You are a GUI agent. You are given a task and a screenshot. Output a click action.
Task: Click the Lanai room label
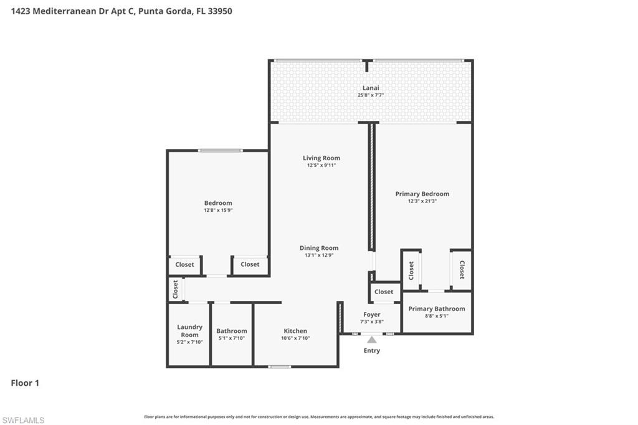click(x=371, y=88)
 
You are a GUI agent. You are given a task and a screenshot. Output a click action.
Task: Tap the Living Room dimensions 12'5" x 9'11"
click(x=321, y=165)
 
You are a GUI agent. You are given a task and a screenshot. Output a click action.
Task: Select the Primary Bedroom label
click(x=422, y=194)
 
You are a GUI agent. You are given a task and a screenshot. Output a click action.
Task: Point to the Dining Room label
click(x=319, y=248)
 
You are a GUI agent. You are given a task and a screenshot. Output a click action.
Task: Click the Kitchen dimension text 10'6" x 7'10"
click(x=295, y=338)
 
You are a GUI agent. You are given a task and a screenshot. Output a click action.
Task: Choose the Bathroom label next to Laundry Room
click(x=232, y=331)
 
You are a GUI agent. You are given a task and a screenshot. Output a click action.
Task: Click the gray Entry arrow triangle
click(x=372, y=340)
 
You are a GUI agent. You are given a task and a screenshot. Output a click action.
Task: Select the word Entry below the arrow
click(x=372, y=350)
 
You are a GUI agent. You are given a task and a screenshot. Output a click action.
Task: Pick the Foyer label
click(x=371, y=315)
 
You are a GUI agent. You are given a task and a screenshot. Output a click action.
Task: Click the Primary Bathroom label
click(x=436, y=309)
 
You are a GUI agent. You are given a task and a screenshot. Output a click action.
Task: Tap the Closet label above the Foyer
click(x=384, y=292)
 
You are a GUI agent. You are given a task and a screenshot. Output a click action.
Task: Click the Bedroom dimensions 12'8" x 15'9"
click(x=218, y=211)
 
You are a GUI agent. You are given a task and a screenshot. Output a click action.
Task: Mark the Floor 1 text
click(x=25, y=383)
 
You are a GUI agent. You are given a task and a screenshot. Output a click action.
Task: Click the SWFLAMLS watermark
click(x=23, y=420)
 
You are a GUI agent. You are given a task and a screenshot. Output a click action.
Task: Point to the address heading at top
click(x=121, y=11)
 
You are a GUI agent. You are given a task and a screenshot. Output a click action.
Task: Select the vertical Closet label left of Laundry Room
click(x=175, y=289)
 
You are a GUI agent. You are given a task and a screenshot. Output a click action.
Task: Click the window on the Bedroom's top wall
click(x=220, y=150)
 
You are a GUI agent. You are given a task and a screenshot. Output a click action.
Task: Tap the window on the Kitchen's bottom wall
click(x=280, y=366)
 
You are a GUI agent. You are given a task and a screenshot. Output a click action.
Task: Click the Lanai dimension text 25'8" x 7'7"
click(x=371, y=95)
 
